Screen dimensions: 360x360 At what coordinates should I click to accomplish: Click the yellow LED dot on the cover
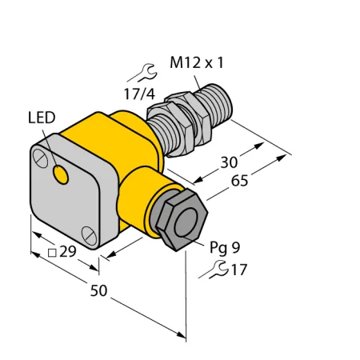[61, 174]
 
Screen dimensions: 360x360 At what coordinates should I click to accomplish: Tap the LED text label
[42, 118]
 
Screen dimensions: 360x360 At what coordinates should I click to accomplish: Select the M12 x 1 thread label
[196, 62]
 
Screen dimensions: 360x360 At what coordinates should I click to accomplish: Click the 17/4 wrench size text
[139, 94]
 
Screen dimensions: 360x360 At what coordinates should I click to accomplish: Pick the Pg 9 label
[225, 247]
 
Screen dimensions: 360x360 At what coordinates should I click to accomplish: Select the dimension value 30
[229, 162]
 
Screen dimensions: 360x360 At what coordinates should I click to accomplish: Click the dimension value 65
[239, 181]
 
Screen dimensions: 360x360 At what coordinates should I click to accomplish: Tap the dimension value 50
[98, 290]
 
